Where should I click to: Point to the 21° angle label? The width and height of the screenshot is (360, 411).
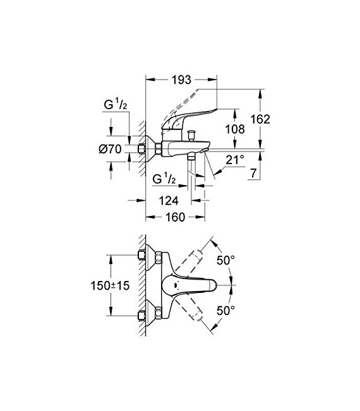(234, 161)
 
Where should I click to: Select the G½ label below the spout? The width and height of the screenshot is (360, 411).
(165, 180)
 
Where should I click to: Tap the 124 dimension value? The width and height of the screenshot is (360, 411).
(168, 200)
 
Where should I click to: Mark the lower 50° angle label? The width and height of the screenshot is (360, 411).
(225, 310)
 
